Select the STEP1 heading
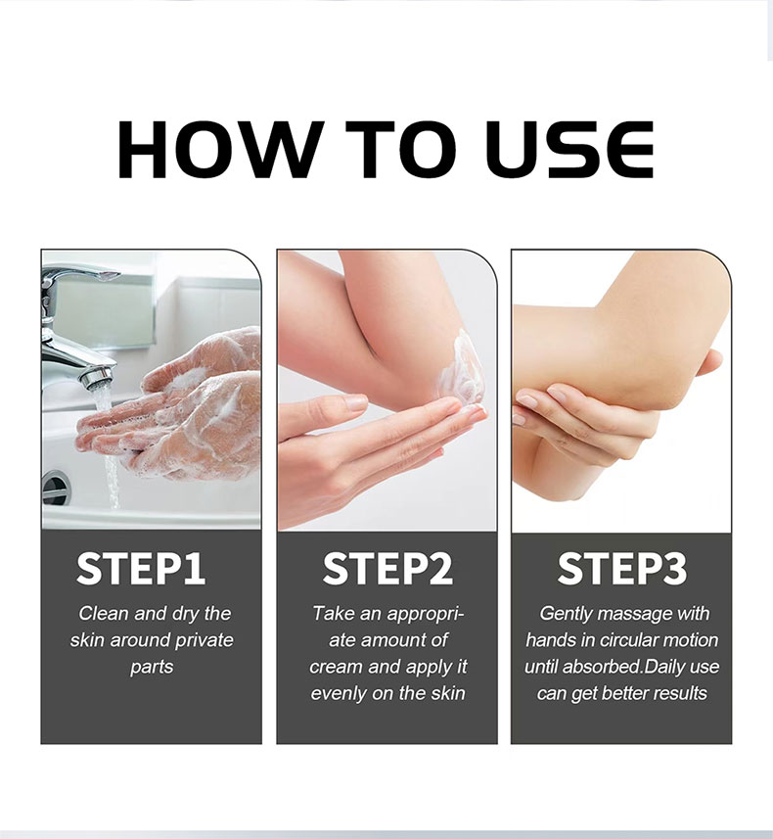coord(141,569)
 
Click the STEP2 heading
coord(386,569)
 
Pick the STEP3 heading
coord(621,569)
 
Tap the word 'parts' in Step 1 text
coord(152,667)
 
